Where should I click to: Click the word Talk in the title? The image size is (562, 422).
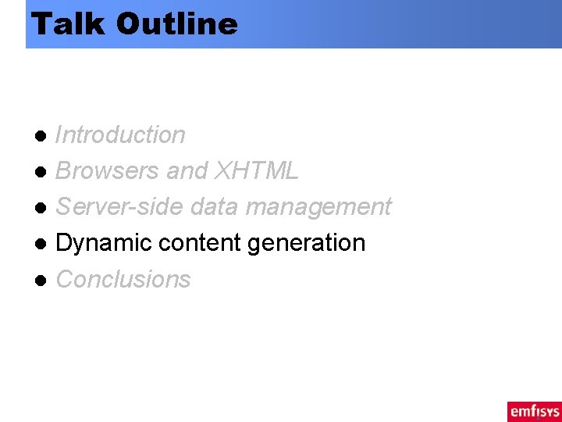coord(69,23)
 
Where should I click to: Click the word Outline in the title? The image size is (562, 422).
coord(176,23)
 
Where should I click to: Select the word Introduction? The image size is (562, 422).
coord(120,135)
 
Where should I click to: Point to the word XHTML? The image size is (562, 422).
coord(256,171)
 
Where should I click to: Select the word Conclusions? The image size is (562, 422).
coord(123,279)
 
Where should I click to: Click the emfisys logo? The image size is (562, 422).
coord(534,411)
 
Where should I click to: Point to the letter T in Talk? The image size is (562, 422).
coord(41,23)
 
